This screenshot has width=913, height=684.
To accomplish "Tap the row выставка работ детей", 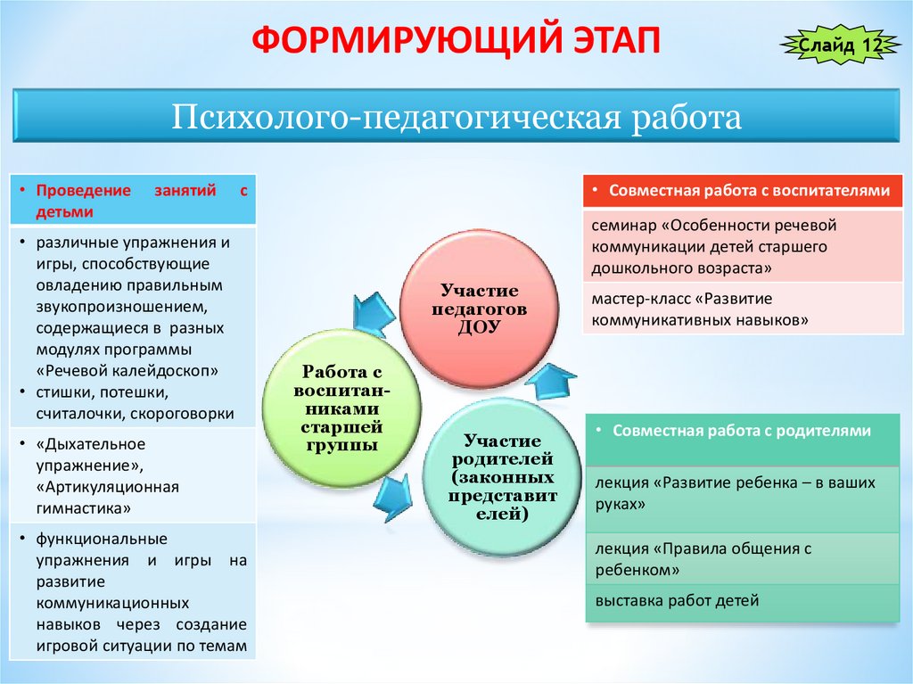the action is (677, 600).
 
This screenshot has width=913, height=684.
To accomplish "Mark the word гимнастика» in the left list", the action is (84, 508).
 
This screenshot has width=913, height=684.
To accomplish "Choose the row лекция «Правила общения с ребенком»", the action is (700, 558).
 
